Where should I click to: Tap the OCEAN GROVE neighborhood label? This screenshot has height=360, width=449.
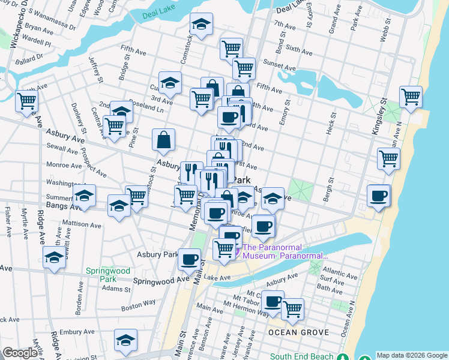click(298, 332)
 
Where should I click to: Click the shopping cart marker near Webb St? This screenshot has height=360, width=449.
click(411, 97)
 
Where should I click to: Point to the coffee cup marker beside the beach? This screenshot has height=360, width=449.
click(379, 196)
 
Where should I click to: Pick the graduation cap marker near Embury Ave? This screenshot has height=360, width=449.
click(125, 341)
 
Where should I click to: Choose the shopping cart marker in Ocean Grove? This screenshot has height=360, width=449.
click(292, 310)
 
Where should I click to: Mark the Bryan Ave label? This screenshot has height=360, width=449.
click(39, 28)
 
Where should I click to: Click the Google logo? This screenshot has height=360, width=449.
click(20, 353)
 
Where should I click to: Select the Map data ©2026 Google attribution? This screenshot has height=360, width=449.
click(411, 355)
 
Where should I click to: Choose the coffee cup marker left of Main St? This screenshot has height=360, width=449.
click(190, 259)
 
